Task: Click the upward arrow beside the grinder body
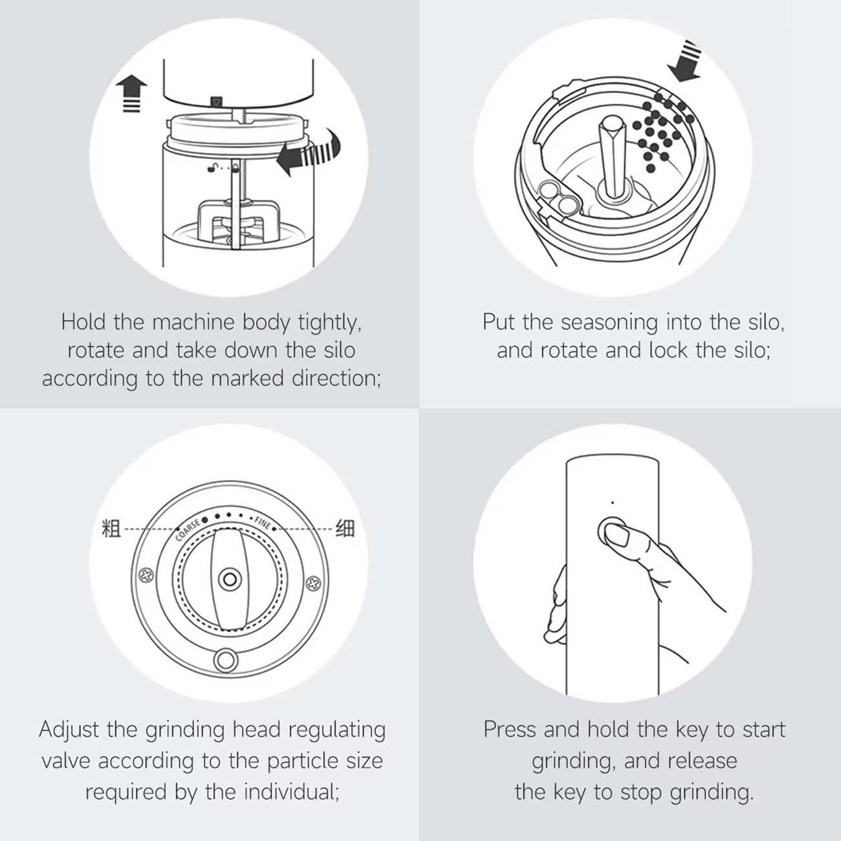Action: coord(131,93)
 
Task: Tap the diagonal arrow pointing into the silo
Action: coord(685,61)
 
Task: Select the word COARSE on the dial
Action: coord(188,529)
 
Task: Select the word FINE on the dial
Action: coord(263,523)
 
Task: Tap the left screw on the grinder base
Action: coord(146,576)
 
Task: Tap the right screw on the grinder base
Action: coord(313,583)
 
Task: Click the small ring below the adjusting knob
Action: coord(226,661)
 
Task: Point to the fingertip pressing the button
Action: coord(617,536)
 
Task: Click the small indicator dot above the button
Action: coord(613,502)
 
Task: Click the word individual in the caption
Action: coord(291,792)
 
